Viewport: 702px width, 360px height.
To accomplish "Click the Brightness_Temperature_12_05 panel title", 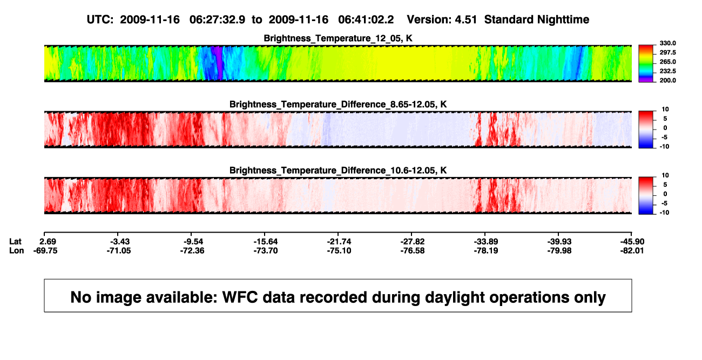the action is [338, 38].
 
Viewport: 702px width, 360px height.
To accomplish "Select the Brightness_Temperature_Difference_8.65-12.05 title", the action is [338, 104].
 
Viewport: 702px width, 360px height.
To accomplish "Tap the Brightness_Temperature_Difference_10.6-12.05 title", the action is [338, 171].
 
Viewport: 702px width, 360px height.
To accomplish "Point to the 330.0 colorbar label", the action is [667, 43].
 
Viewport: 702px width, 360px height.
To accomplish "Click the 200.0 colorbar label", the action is [667, 80].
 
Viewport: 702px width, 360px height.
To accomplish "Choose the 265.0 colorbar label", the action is [667, 62].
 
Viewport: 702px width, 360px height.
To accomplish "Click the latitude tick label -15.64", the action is [266, 242].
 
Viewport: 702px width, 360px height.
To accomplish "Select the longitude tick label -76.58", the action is [413, 250].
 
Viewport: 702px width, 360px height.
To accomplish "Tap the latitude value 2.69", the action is [48, 242].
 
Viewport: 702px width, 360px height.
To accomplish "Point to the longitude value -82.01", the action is [632, 250].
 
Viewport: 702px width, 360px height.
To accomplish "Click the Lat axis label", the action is [15, 242].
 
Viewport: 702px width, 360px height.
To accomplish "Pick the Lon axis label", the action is [16, 250].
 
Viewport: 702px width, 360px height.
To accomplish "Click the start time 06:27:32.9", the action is [217, 20].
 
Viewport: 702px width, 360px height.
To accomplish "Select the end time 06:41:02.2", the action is [366, 20].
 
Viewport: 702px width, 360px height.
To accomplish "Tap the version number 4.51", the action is [465, 20].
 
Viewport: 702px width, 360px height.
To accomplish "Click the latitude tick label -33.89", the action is [486, 242].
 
